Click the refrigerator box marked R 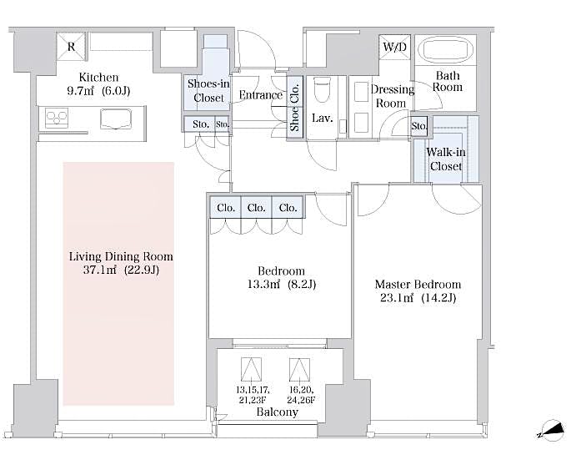point(71,47)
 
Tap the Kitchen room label point(98,77)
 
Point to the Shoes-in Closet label point(208,90)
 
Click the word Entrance point(260,95)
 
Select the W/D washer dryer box point(394,47)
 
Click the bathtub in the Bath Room point(444,49)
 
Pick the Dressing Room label point(392,96)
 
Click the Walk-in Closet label point(445,159)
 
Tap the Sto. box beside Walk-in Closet point(419,127)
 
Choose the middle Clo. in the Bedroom point(256,208)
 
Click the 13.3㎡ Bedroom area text point(280,285)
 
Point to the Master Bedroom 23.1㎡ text point(414,297)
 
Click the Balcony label point(277,412)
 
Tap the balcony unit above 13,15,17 point(251,369)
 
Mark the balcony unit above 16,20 point(300,369)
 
